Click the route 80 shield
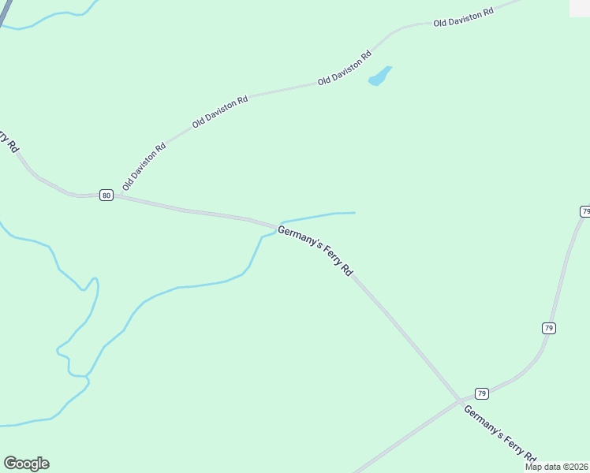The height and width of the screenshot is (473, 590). [106, 196]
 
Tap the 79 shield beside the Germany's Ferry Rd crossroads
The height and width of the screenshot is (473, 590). [482, 393]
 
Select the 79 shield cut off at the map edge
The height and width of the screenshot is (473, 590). [585, 211]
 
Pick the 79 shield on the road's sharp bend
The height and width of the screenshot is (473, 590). [549, 328]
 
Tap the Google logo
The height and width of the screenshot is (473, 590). [26, 464]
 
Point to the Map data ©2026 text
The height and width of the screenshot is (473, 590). [556, 467]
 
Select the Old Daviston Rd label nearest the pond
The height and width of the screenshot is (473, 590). [345, 69]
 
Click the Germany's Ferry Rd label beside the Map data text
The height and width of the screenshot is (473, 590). [500, 434]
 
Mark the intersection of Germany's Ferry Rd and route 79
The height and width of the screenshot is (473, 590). [460, 400]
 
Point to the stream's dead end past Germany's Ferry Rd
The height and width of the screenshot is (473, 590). [355, 212]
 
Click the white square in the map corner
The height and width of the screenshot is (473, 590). [580, 7]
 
